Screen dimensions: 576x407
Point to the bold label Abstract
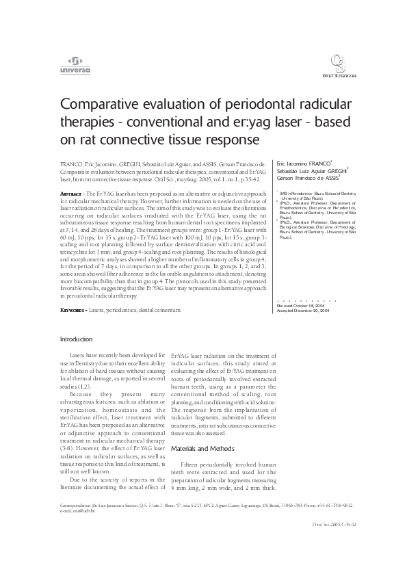(x=72, y=195)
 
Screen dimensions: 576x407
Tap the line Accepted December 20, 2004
(x=304, y=311)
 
